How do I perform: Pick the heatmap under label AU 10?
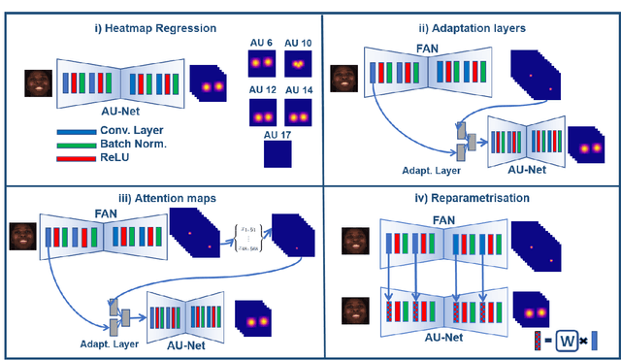tap(300, 63)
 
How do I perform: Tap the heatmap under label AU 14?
tap(300, 112)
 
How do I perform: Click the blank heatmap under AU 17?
tap(279, 155)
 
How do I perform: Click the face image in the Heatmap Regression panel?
tap(38, 84)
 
